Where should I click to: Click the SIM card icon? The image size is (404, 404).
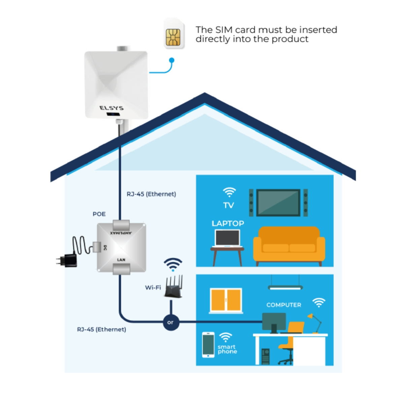pos(174,34)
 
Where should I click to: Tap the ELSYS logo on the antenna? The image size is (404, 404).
pos(111,108)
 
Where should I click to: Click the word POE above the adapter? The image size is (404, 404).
pos(99,214)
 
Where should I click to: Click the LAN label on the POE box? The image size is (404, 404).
pos(121,260)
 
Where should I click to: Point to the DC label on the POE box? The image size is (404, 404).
pos(105,248)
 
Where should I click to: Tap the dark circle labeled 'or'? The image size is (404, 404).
pos(171,322)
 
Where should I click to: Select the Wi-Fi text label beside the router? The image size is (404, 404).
pos(153,288)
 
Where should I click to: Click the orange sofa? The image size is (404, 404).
pos(289,245)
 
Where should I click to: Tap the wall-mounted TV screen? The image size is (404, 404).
pos(278,202)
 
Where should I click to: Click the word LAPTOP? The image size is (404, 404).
pos(228,224)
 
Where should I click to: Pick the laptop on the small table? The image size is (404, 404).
pos(228,238)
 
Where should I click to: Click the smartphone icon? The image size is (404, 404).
pos(208,345)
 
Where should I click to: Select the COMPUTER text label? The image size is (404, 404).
pos(284,305)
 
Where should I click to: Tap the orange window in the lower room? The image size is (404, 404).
pos(226,300)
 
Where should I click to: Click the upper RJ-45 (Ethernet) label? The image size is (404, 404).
pos(151,194)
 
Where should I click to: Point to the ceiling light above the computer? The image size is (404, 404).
pos(285,288)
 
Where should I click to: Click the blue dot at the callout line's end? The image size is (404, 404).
pos(172,60)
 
